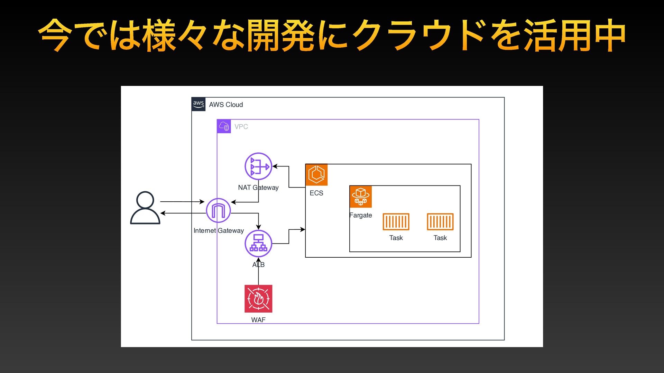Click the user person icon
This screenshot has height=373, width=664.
[145, 208]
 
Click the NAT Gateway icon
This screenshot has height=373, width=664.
[258, 166]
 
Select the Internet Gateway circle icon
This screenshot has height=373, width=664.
[218, 210]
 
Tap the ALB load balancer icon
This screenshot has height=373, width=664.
[258, 243]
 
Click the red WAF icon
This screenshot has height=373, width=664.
[258, 299]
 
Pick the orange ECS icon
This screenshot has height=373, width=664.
[316, 175]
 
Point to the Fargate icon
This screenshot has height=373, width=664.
[361, 197]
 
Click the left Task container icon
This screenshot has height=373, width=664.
[396, 222]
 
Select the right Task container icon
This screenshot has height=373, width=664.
[440, 222]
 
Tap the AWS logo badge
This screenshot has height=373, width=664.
[199, 104]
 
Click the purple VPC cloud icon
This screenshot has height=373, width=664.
[224, 126]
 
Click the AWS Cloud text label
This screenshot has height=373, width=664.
[226, 105]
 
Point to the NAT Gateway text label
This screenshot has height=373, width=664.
[258, 188]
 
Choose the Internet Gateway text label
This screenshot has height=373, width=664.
[219, 231]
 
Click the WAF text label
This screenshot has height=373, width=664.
[258, 320]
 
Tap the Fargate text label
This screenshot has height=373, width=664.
[361, 215]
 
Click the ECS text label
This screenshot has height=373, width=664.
[316, 193]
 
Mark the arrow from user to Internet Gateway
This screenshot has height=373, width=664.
[182, 202]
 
